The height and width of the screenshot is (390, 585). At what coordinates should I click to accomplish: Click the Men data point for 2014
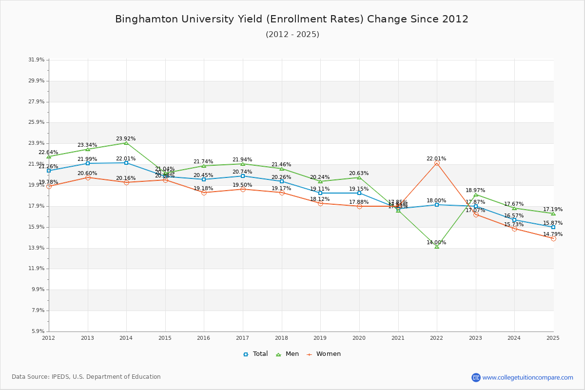(x=126, y=143)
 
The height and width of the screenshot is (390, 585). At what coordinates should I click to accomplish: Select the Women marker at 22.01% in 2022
(x=437, y=163)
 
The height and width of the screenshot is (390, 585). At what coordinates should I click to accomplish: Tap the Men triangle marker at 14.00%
(x=437, y=247)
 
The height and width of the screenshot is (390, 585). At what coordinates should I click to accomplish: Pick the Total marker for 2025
(x=553, y=227)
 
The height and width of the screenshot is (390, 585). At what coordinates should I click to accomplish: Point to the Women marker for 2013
(x=88, y=178)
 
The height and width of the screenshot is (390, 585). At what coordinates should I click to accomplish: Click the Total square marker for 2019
(x=320, y=193)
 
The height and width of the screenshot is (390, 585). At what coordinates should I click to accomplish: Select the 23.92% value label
(x=126, y=139)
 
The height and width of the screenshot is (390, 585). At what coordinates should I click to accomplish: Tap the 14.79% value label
(x=553, y=234)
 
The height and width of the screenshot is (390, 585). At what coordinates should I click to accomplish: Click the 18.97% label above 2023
(x=475, y=191)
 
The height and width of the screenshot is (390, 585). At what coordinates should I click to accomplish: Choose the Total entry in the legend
(x=256, y=354)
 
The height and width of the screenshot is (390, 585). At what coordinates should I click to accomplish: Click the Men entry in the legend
(x=288, y=354)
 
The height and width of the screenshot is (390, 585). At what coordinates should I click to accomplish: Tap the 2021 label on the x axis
(x=398, y=337)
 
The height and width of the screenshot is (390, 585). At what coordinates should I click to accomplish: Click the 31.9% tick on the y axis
(x=37, y=60)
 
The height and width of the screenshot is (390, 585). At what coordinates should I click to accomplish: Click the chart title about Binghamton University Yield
(x=292, y=19)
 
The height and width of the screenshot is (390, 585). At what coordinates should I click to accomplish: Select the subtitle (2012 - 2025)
(x=292, y=35)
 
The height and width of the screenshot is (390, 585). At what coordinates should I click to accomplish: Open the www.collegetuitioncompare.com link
(x=527, y=377)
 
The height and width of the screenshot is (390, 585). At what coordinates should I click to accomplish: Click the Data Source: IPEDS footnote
(x=86, y=377)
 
